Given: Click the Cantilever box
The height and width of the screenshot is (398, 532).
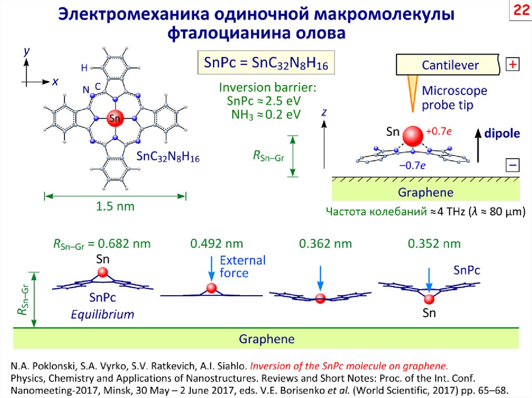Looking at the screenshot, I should (x=450, y=65).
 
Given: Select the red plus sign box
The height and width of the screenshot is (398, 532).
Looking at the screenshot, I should (x=513, y=64).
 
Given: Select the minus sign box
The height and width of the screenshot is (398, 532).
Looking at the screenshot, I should (x=513, y=165).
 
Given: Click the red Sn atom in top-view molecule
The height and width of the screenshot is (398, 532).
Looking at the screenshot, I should (x=115, y=119).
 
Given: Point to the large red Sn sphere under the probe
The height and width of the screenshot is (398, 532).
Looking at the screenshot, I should (x=414, y=136).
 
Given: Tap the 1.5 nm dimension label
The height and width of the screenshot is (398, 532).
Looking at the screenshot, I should (x=115, y=207).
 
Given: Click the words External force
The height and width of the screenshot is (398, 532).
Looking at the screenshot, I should (x=242, y=266).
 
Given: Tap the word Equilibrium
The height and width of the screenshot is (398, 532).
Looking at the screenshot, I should (x=102, y=314).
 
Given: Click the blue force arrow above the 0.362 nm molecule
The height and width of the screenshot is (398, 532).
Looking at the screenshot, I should (x=321, y=279).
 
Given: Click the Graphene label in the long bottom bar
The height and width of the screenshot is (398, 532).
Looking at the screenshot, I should (x=267, y=339).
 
